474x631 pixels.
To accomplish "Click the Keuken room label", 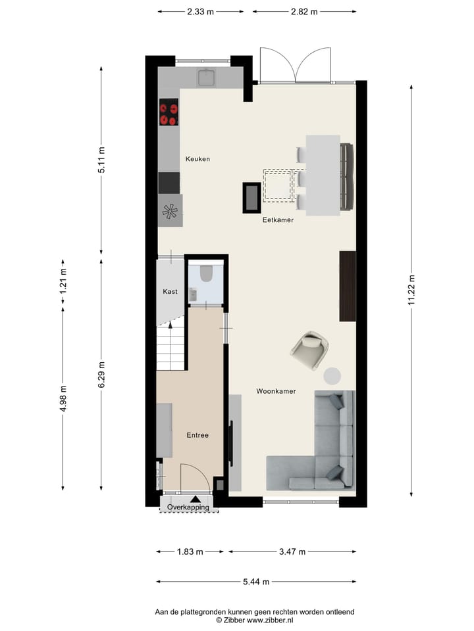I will (x=197, y=159).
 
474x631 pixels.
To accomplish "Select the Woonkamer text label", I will (x=276, y=391).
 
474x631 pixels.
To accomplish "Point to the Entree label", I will (x=197, y=435).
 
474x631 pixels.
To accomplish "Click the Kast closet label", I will (x=170, y=291).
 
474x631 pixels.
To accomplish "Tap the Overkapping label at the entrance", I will (x=188, y=507).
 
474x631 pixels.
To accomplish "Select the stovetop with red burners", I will (x=169, y=112).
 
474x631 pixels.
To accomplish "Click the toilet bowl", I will (x=205, y=273).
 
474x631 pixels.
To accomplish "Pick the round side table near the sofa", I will (x=332, y=375).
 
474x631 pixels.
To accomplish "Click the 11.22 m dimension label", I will (x=412, y=290).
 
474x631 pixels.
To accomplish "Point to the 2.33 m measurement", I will (x=201, y=11).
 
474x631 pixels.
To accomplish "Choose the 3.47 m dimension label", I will (x=292, y=551).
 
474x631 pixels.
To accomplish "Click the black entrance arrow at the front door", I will (x=195, y=498).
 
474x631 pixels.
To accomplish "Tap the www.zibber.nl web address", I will (x=271, y=620).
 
